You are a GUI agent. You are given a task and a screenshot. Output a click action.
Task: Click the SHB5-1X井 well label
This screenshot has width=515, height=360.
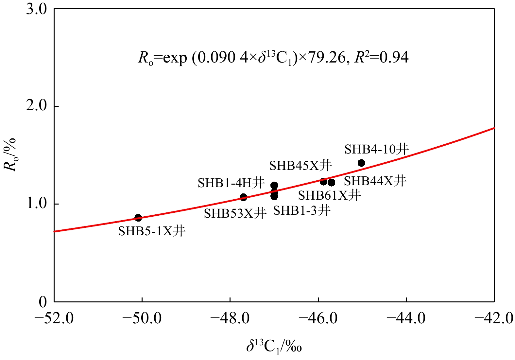tap(152, 231)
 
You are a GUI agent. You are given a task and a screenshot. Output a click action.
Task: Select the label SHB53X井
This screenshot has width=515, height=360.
tap(235, 214)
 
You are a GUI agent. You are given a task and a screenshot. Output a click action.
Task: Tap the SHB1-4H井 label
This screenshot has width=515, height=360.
tap(231, 183)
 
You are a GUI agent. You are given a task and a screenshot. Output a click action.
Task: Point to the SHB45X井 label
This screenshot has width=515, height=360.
tap(300, 166)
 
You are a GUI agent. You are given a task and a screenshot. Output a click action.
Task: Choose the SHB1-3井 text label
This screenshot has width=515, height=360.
tap(302, 210)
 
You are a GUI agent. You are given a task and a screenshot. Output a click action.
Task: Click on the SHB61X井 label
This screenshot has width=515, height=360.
tap(329, 195)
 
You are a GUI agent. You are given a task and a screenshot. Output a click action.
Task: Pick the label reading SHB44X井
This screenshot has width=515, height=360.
tap(375, 181)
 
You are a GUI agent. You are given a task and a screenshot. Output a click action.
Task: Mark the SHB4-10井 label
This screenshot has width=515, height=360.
tap(377, 149)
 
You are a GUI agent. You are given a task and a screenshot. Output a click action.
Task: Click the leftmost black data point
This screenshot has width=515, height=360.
tap(138, 218)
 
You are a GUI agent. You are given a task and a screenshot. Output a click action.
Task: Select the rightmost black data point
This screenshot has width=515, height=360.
tap(361, 163)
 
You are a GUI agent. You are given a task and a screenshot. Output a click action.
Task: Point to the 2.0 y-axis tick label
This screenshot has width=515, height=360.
tap(36, 106)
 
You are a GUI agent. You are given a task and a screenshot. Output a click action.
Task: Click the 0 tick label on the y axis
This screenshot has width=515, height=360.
tap(43, 302)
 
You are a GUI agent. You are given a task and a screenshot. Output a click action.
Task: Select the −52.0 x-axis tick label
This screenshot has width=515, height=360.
tap(54, 318)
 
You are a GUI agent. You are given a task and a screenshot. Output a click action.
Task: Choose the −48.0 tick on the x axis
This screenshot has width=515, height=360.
tap(230, 318)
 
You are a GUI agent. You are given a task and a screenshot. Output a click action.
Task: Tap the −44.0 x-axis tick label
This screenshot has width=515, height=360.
tap(406, 318)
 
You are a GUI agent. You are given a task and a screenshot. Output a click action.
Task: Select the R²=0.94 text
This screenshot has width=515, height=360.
tap(382, 58)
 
